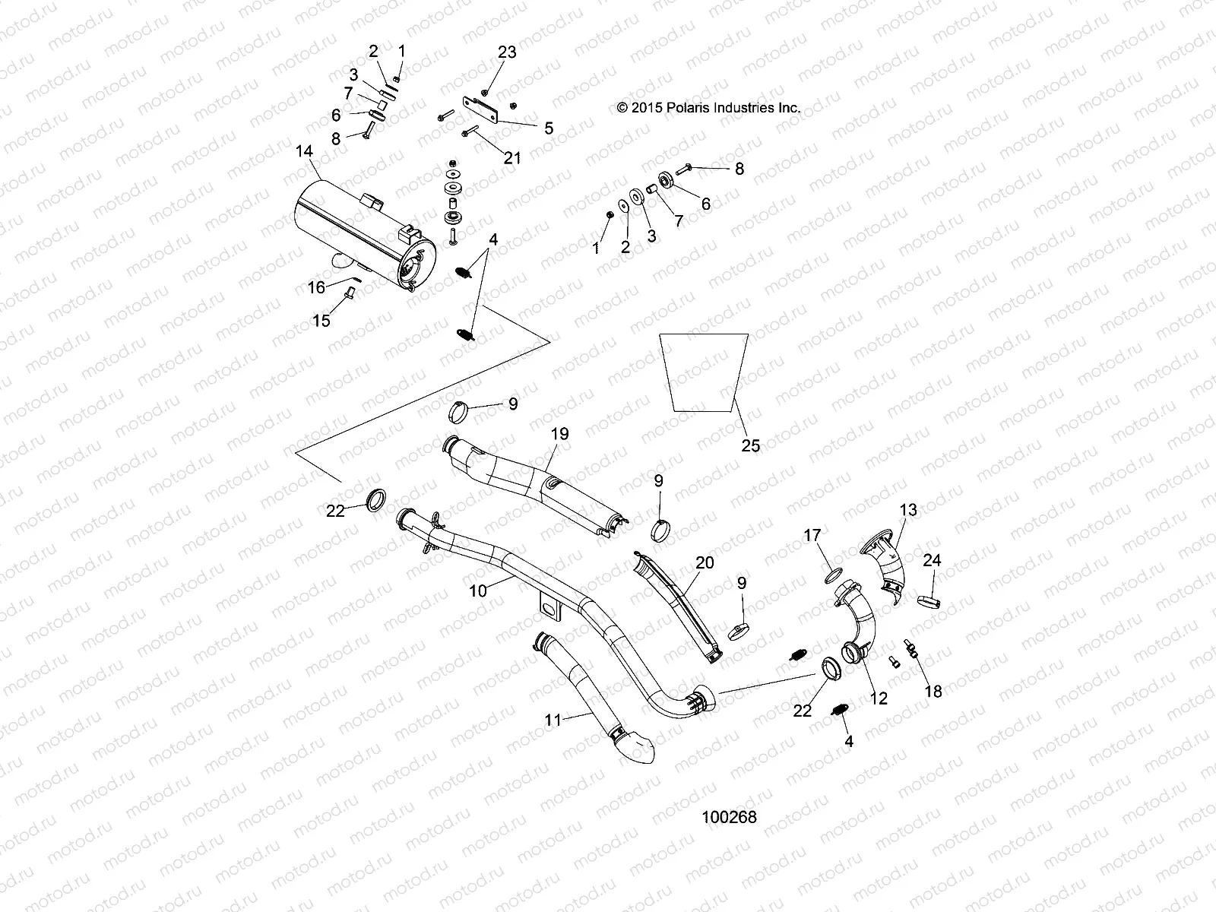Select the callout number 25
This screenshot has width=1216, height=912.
point(750,445)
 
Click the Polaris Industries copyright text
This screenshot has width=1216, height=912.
point(708,108)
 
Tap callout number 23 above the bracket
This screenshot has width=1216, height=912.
point(507,52)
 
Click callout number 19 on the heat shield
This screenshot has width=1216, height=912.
point(559,434)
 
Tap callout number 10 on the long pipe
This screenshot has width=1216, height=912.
point(478,590)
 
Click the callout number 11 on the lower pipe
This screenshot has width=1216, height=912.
point(553,719)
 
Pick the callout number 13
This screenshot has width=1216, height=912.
point(908,509)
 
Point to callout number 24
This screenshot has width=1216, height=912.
point(932,560)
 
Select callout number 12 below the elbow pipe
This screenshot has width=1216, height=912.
point(878,698)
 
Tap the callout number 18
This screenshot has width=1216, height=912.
point(933,691)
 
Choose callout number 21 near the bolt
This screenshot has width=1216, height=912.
point(513,157)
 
